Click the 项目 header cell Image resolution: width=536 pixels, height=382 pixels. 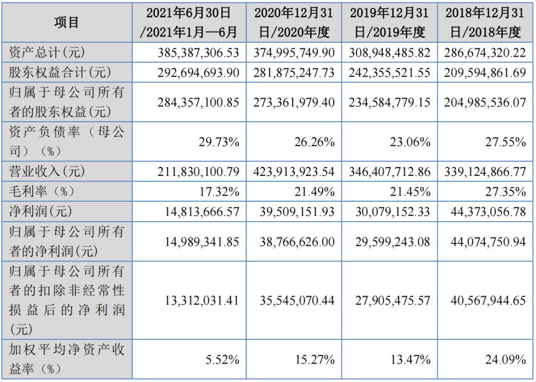67,22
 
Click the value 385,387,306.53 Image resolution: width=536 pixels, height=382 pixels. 197,52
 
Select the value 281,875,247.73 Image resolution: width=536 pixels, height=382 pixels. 294,73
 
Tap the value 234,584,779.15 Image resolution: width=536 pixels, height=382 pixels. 390,102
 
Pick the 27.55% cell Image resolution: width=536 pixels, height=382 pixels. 506,142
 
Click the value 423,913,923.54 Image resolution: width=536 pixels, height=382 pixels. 294,171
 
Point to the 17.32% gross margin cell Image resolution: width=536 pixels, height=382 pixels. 219,191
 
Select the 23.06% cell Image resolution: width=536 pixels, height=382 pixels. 410,142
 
